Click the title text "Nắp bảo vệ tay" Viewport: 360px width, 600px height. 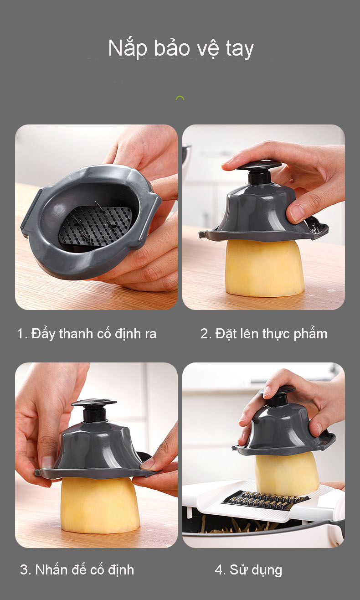(x=180, y=49)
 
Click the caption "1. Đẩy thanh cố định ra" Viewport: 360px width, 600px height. (x=87, y=334)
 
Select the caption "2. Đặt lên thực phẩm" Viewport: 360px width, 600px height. (x=264, y=334)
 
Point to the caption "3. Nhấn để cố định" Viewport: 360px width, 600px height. (x=77, y=569)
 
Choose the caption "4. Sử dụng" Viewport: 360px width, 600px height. (x=248, y=570)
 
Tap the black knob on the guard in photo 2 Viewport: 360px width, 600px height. (x=258, y=172)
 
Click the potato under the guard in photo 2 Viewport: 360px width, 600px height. (x=264, y=268)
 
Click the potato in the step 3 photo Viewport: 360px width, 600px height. (x=100, y=505)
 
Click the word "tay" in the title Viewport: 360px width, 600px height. (x=240, y=50)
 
